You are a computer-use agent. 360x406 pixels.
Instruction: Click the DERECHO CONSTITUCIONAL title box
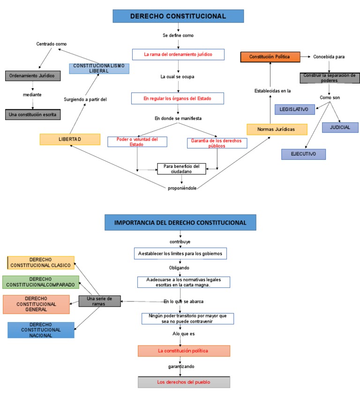(178, 16)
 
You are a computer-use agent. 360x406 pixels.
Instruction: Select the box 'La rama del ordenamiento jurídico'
(178, 55)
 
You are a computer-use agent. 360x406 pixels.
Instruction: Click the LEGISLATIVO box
(294, 109)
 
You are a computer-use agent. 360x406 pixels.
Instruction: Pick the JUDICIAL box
(340, 127)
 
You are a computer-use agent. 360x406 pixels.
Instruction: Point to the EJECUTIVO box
(303, 154)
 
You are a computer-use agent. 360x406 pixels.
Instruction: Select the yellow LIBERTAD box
(70, 139)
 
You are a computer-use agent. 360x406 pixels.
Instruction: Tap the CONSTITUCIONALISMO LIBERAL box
(99, 68)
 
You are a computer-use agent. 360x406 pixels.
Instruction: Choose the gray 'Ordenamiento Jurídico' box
(32, 75)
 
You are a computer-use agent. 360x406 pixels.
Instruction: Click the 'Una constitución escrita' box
(33, 114)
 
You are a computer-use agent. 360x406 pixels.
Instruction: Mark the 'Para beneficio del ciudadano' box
(181, 169)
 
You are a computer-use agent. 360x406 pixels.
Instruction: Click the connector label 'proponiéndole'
(182, 188)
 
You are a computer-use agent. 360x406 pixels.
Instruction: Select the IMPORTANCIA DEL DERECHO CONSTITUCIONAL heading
(180, 222)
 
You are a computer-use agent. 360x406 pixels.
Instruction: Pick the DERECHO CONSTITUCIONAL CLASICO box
(41, 263)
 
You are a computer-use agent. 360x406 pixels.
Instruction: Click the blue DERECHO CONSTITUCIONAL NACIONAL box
(41, 330)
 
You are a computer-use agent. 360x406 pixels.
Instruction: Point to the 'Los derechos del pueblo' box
(184, 382)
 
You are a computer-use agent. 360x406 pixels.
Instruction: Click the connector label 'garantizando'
(181, 366)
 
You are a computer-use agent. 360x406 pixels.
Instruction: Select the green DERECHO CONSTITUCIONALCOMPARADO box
(41, 282)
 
